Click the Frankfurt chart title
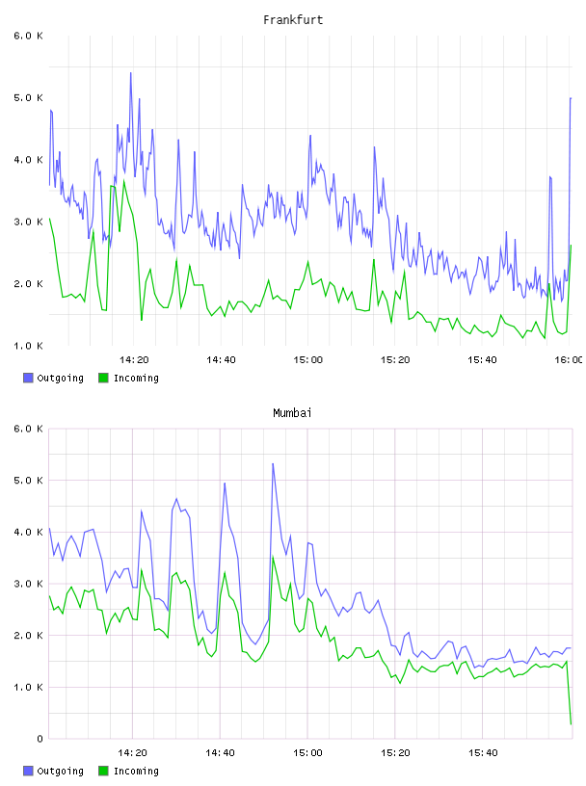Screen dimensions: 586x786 pos(293,20)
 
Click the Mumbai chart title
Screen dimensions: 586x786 pos(292,413)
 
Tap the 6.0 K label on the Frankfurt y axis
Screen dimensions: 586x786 pos(29,36)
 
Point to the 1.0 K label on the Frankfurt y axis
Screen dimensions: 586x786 pos(29,346)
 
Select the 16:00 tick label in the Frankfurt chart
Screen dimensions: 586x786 pos(569,360)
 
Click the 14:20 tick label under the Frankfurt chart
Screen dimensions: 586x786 pos(134,360)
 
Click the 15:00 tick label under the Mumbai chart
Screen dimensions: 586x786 pos(307,753)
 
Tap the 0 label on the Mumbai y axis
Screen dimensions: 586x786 pos(40,739)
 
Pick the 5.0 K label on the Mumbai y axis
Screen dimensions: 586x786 pos(29,481)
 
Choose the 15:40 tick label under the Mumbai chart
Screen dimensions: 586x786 pos(482,753)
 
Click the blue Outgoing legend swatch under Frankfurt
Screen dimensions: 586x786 pos(28,378)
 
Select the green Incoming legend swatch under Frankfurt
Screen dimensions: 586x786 pos(103,378)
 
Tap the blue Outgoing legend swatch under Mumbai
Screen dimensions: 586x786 pos(28,771)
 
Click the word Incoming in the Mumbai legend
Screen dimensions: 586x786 pos(136,771)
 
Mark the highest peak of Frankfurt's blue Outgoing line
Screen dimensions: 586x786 pos(131,72)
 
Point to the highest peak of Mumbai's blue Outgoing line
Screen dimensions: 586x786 pos(273,463)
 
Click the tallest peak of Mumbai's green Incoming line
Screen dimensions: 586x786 pos(273,557)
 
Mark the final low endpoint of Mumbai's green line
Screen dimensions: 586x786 pos(571,723)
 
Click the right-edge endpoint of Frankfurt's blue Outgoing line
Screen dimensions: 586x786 pos(571,98)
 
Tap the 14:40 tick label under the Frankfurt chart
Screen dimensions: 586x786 pos(221,360)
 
